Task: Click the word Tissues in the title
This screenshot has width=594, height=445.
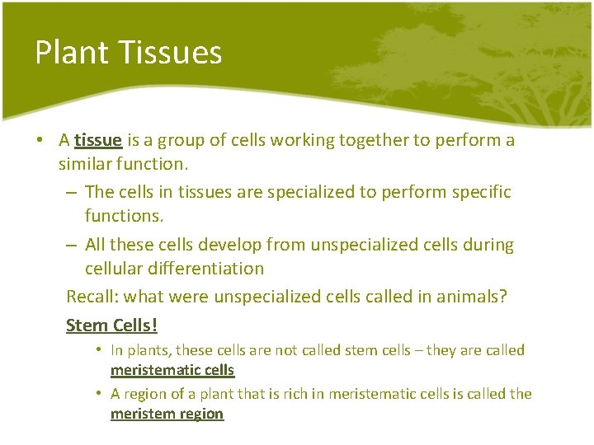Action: [170, 52]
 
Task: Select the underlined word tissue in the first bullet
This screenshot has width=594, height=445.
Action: [98, 140]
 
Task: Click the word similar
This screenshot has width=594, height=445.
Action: [86, 163]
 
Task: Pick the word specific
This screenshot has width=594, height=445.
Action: [481, 192]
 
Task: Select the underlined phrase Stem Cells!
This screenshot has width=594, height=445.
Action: [111, 326]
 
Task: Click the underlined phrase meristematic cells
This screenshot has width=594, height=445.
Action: [172, 371]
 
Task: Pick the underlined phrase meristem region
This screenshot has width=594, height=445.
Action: [167, 414]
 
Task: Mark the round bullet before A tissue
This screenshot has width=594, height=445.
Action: [40, 141]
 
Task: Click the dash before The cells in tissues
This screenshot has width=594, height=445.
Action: [72, 193]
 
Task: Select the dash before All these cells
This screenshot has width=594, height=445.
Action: [72, 246]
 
